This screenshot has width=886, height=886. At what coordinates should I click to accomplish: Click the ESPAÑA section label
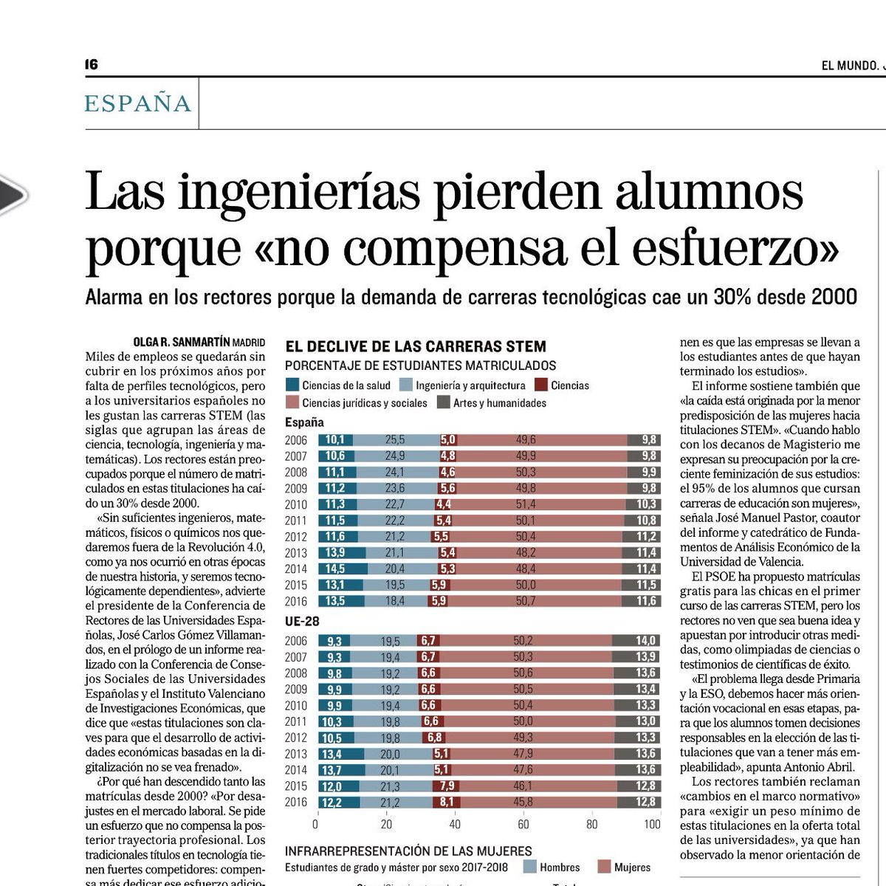[138, 103]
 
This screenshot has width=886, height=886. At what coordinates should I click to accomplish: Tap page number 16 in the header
[91, 65]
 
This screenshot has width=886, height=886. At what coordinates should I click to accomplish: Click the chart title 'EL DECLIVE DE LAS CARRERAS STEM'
[416, 346]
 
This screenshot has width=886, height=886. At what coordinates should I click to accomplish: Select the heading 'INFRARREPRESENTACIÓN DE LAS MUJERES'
[408, 851]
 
